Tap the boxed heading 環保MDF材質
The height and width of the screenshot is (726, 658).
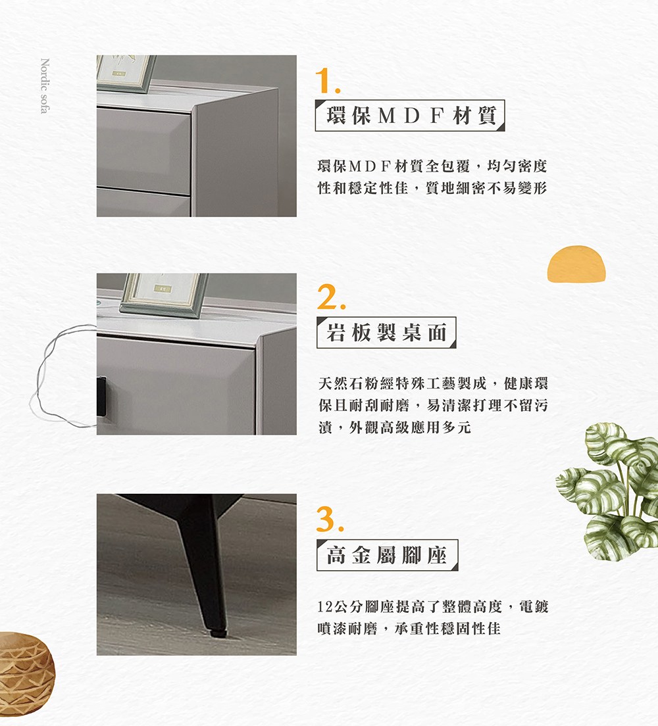pos(409,116)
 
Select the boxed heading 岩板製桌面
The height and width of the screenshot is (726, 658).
pos(386,333)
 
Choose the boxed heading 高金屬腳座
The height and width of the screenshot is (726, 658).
pos(387,556)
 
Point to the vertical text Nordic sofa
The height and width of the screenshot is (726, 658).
pos(44,86)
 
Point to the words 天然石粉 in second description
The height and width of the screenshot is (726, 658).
pos(346,383)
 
